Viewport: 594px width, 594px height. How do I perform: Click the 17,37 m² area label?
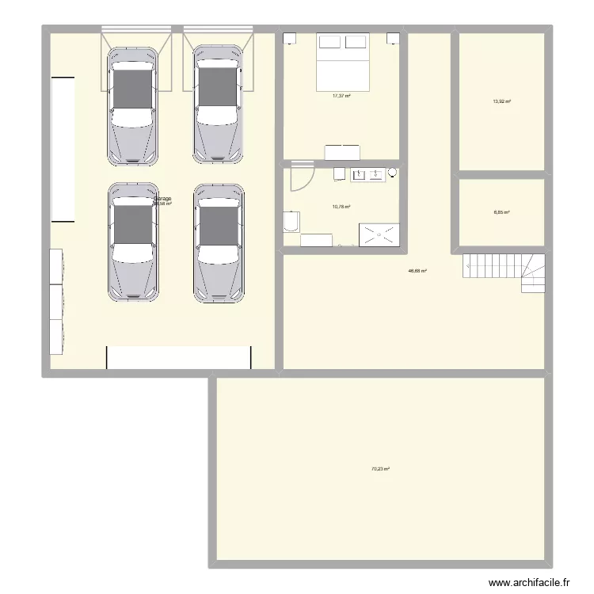(341, 96)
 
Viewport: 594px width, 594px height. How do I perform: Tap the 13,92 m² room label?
(501, 101)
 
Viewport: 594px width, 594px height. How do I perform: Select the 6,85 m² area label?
(501, 212)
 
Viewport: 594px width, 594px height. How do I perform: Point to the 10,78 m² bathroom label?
(341, 207)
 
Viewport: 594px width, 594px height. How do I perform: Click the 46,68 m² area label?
(417, 271)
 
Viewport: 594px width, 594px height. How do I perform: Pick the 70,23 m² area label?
(381, 469)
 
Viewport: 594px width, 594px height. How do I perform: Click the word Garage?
(162, 199)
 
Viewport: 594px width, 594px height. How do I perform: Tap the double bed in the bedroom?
(343, 61)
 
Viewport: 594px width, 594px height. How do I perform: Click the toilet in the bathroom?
(291, 223)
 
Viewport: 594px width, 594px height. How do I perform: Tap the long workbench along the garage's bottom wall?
(179, 357)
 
